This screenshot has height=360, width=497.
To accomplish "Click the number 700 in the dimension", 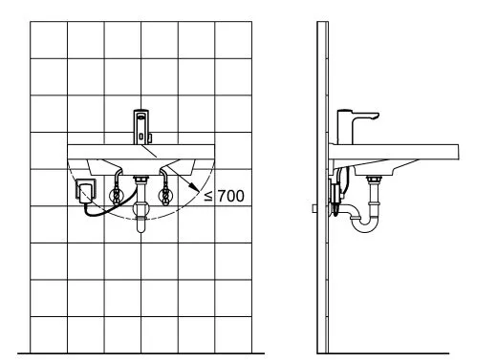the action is point(231,196).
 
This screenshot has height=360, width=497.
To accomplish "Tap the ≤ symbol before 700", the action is point(208,196).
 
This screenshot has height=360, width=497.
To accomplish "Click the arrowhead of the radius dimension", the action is point(193,186).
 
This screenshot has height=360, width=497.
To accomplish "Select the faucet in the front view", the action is point(141,127).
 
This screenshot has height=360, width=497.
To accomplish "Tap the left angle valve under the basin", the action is point(117,195).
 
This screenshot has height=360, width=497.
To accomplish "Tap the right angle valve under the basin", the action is point(165,195).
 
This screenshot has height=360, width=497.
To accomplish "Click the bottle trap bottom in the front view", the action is point(140,226).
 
